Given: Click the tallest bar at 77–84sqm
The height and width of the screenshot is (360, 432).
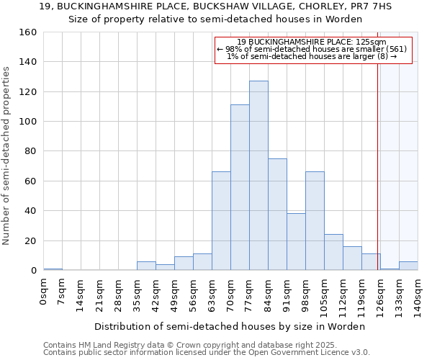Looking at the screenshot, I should click(258, 176).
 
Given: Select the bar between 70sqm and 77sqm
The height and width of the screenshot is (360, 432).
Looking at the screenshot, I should click(240, 187).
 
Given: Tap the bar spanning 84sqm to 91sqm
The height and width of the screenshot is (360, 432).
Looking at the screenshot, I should click(277, 215).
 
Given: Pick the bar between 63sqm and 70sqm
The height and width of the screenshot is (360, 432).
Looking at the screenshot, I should click(221, 221).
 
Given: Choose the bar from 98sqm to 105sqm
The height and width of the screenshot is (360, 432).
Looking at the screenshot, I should click(315, 221).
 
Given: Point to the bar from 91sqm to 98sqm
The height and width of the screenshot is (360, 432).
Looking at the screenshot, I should click(296, 242).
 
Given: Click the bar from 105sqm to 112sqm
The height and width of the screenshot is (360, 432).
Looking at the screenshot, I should click(333, 252).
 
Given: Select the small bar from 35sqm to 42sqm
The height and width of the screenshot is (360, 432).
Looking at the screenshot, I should click(146, 266).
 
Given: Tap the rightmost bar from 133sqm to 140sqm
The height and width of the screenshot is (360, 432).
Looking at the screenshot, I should click(408, 266).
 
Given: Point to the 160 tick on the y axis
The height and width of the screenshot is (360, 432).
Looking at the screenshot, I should click(28, 32).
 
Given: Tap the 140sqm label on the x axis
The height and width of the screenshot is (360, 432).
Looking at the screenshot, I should click(418, 297).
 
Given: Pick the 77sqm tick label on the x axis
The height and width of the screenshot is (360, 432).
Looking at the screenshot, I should click(250, 295).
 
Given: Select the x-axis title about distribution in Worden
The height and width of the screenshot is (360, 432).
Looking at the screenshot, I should click(230, 326).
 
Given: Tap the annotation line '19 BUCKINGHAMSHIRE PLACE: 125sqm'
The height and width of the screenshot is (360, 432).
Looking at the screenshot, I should click(312, 42).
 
